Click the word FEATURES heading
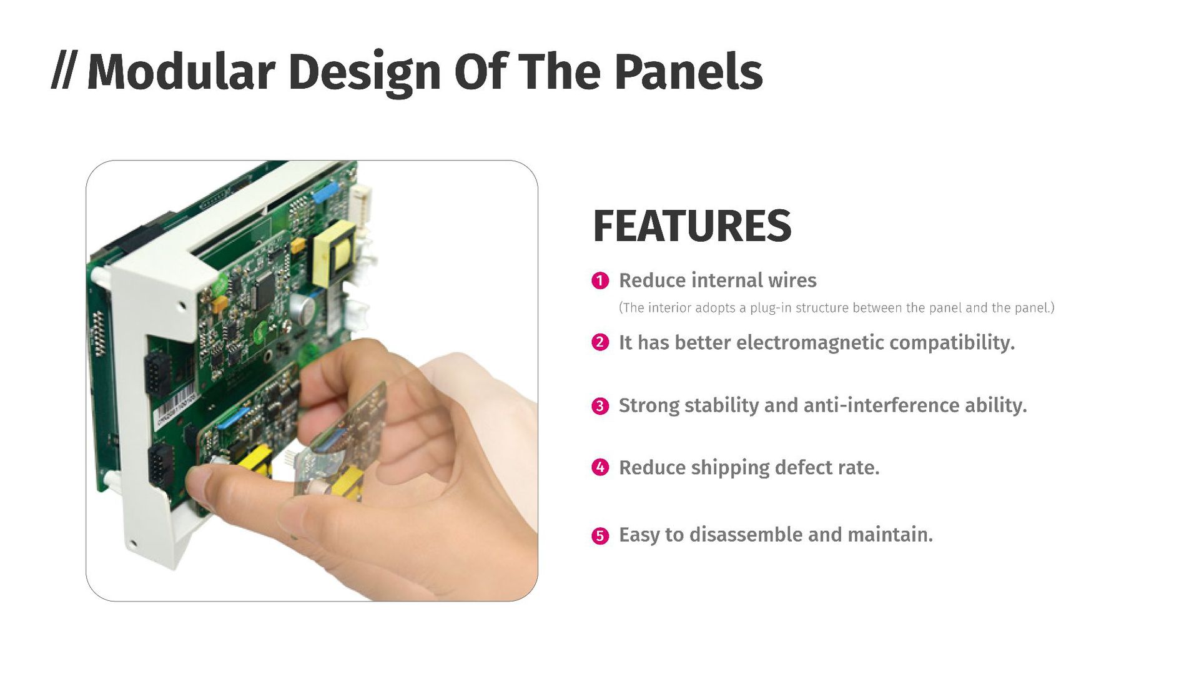click(x=692, y=225)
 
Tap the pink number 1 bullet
click(x=600, y=280)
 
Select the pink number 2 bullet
click(x=600, y=342)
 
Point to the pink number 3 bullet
click(x=600, y=405)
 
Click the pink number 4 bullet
click(x=600, y=467)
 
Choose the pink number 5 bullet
click(x=600, y=535)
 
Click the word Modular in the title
click(x=181, y=72)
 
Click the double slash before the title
click(x=63, y=72)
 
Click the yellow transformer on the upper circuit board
click(x=334, y=253)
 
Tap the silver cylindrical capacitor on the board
click(x=304, y=309)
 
